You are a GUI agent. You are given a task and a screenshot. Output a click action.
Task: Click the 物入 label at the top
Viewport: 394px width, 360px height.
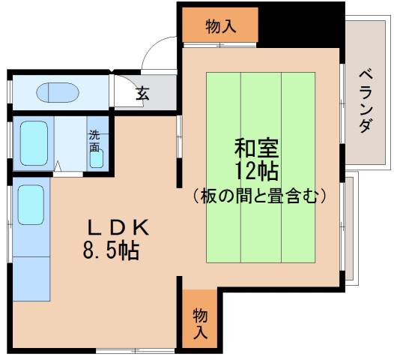tap(221, 26)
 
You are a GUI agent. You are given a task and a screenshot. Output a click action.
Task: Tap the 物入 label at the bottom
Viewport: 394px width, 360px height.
tap(200, 320)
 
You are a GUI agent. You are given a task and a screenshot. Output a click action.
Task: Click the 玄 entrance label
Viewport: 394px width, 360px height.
tap(143, 94)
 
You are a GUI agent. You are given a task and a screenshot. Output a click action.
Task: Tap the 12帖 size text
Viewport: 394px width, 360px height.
tap(257, 172)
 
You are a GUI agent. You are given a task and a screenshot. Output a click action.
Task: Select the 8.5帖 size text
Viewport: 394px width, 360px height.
tap(111, 250)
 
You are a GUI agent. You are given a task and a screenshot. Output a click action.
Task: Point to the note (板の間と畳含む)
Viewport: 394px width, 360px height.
tap(258, 196)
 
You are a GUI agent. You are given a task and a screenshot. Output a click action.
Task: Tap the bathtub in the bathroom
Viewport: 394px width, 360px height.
tap(34, 143)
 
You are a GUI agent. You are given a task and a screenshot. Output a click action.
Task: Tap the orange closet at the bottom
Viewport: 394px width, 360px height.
tap(200, 320)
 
